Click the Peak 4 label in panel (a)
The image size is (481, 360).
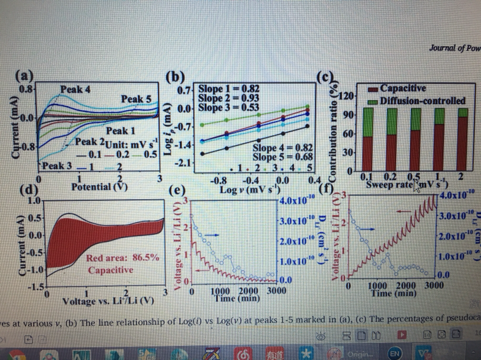[x=75, y=89]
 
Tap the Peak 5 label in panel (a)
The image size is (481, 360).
[x=136, y=99]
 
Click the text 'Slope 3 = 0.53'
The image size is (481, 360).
[x=228, y=107]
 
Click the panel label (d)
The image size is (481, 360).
[x=28, y=189]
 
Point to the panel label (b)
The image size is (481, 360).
[x=175, y=75]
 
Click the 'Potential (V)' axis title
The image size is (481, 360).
[x=99, y=187]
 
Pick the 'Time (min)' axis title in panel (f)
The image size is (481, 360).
[x=395, y=294]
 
